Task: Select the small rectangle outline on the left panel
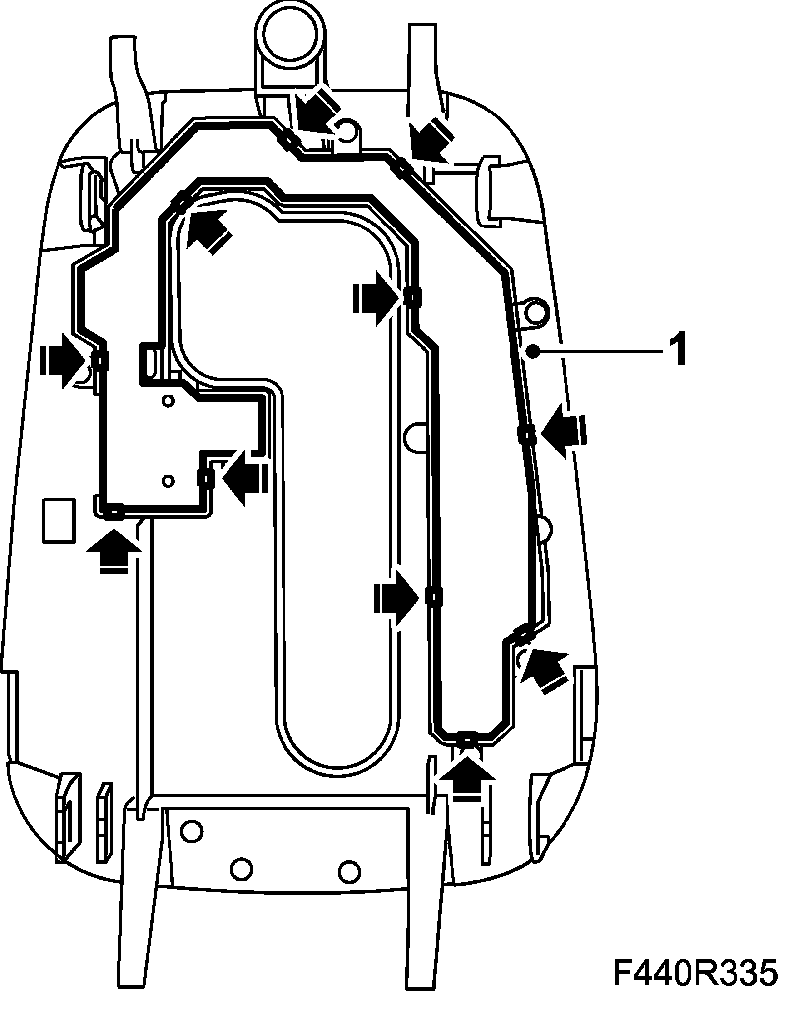click(59, 520)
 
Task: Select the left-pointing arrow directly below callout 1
click(563, 430)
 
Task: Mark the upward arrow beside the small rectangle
click(113, 549)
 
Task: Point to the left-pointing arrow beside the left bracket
click(243, 477)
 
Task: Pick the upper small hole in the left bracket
click(168, 400)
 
